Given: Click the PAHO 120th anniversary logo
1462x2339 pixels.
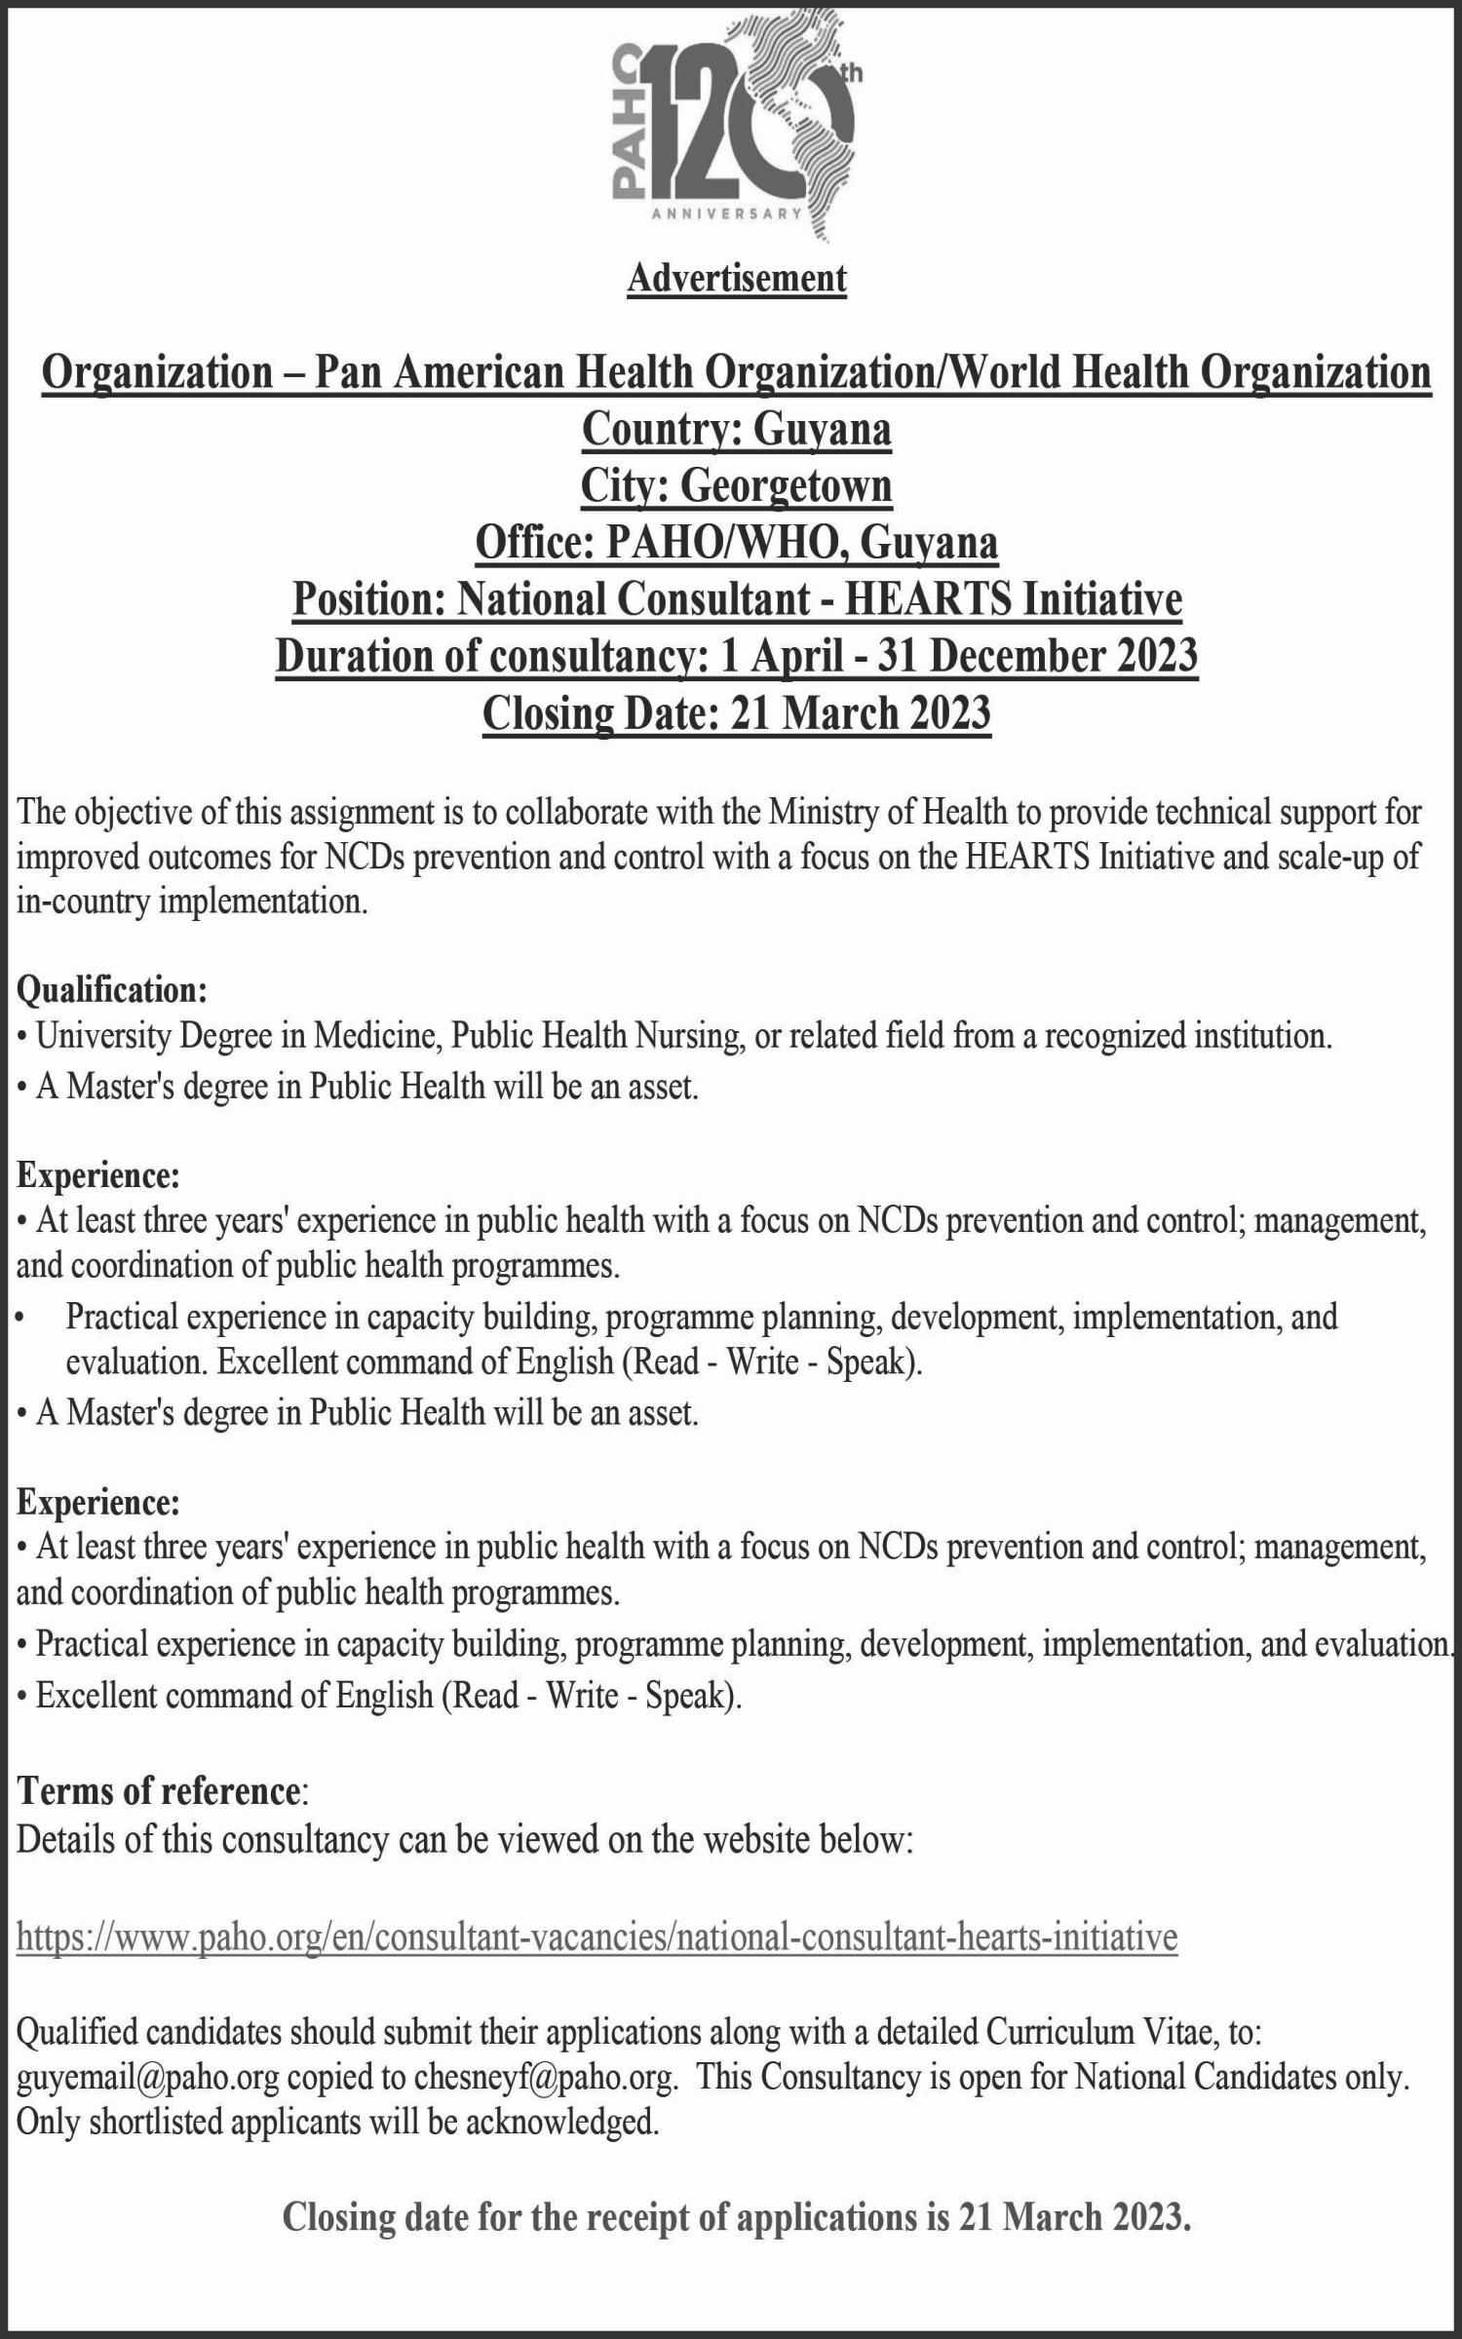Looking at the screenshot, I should click(736, 136).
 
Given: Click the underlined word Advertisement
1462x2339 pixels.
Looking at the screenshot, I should click(737, 279).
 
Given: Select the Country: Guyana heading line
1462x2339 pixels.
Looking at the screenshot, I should click(736, 430).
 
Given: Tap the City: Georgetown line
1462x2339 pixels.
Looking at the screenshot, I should click(736, 486).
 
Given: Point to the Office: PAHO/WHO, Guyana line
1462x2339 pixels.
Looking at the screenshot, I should click(736, 543).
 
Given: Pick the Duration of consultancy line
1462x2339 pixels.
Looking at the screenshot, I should click(736, 656).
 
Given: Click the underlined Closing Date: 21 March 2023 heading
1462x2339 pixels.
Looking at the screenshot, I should click(736, 713).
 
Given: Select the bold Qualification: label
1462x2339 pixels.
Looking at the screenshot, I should click(112, 990).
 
